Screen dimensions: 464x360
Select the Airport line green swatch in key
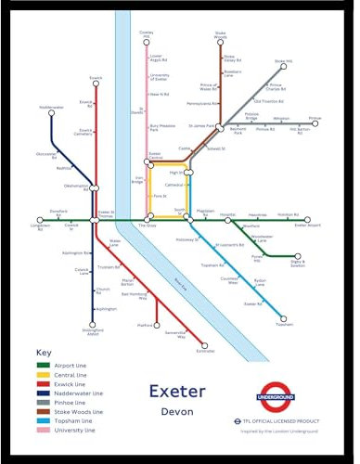47,366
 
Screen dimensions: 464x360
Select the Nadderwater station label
52,107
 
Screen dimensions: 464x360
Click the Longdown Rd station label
40,226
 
